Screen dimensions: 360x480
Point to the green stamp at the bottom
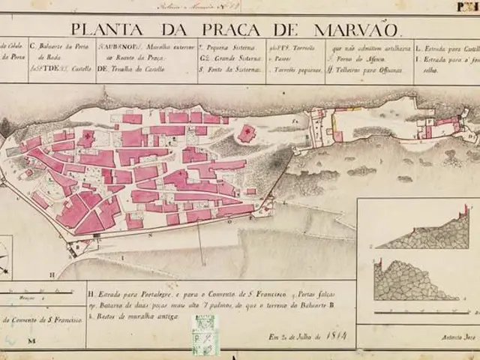tap(205, 335)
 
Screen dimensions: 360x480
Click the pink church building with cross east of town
tap(246, 133)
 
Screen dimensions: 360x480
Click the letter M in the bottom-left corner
tap(31, 341)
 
